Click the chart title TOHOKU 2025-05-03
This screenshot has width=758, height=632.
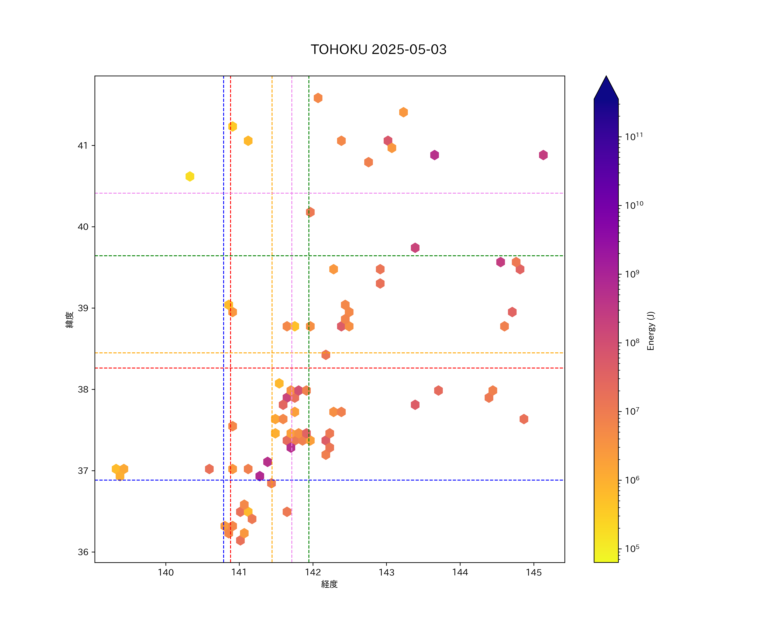click(x=379, y=50)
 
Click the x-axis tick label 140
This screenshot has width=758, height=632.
click(x=166, y=572)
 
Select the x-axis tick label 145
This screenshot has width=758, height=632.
click(x=534, y=572)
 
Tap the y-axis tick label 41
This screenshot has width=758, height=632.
click(x=83, y=146)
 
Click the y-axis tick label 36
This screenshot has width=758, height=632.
click(x=83, y=552)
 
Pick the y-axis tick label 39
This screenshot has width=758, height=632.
click(x=83, y=308)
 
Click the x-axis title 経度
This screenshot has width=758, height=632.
click(x=329, y=584)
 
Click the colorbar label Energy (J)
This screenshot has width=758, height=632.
click(x=651, y=331)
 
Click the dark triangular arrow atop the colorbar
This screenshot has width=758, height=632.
click(x=606, y=88)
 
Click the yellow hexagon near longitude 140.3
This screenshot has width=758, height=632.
click(x=190, y=176)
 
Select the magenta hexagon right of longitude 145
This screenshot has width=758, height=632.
click(x=543, y=155)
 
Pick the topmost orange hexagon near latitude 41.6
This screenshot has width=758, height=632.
click(x=318, y=98)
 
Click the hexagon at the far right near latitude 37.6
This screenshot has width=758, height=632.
click(x=524, y=419)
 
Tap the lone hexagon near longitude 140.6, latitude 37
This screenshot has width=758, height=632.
click(x=209, y=469)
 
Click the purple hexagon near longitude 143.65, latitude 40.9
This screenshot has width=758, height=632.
click(x=435, y=155)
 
